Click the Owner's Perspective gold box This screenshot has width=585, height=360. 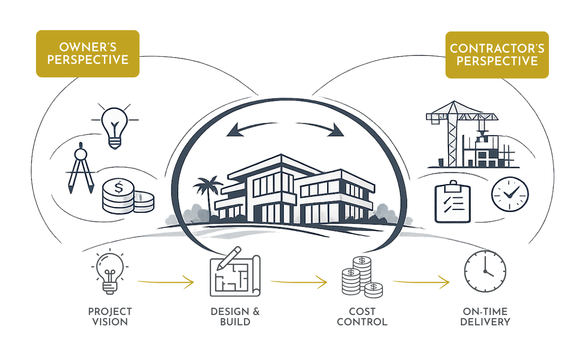pos(88,54)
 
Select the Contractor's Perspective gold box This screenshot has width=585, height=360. pos(497,55)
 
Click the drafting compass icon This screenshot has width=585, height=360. pos(81,168)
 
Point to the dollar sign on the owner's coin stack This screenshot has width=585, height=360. pos(119,187)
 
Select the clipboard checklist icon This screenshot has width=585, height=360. pos(453,202)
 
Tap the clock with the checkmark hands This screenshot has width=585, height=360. pos(510,194)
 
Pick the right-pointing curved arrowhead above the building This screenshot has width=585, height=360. pos(336,130)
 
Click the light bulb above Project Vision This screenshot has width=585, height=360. pos(110,272)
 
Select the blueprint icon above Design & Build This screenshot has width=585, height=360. pos(235,272)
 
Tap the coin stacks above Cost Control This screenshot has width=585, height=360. pos(362,277)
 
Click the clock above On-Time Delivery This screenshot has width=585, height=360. pos(485,271)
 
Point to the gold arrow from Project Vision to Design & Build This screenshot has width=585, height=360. pos(166,282)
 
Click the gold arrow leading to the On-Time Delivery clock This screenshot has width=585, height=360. pos(421,282)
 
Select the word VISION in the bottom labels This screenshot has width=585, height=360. pos(110,322)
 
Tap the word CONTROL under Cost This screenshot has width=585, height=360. pos(362,322)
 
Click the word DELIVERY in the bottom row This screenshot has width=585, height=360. pos(485,322)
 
